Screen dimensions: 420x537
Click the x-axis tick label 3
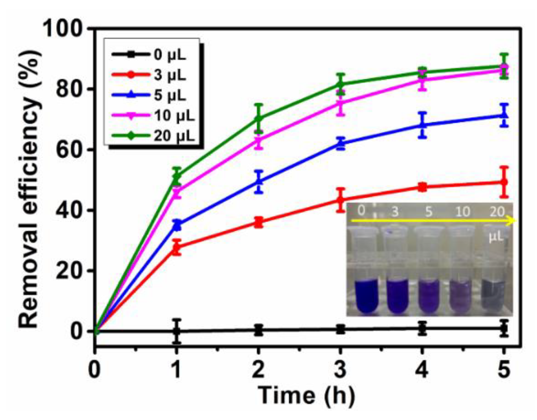pyautogui.click(x=340, y=370)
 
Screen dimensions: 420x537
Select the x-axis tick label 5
pyautogui.click(x=504, y=370)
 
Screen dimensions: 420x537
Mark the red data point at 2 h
pyautogui.click(x=258, y=222)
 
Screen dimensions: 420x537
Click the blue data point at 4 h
pyautogui.click(x=423, y=125)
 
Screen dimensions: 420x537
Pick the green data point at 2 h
pyautogui.click(x=258, y=118)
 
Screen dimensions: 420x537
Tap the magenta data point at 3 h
pyautogui.click(x=340, y=103)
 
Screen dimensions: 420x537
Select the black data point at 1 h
pyautogui.click(x=177, y=331)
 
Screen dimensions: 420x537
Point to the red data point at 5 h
pyautogui.click(x=504, y=182)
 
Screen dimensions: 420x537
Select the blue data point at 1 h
pyautogui.click(x=177, y=225)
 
